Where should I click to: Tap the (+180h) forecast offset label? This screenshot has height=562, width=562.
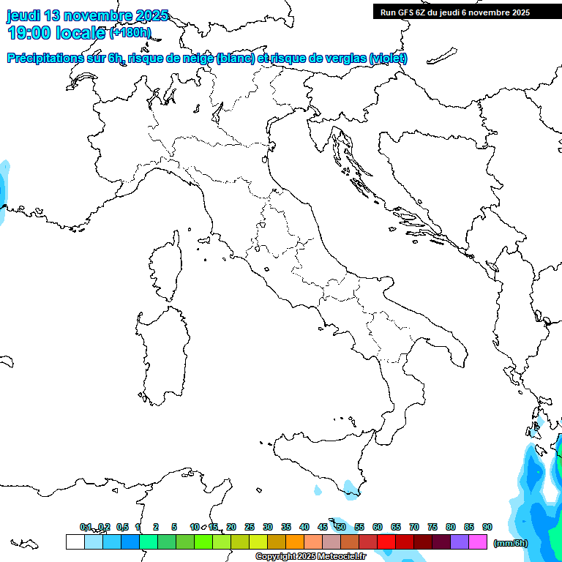click(130, 32)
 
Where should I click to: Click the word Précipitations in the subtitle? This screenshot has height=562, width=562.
click(43, 59)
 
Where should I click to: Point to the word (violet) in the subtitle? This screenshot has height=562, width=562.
click(388, 59)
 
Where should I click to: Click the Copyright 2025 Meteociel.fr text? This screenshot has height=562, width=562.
click(310, 557)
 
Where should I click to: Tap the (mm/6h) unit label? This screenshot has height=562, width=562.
click(510, 543)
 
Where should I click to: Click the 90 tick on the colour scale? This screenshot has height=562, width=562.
click(487, 527)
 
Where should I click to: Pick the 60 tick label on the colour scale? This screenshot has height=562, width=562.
click(378, 527)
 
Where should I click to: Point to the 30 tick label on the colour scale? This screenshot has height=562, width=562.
click(268, 527)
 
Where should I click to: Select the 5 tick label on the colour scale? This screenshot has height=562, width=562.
click(174, 527)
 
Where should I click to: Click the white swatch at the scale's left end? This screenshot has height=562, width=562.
click(75, 542)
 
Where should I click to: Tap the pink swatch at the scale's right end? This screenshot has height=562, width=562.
click(478, 542)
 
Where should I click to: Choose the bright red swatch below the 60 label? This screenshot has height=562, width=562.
click(386, 542)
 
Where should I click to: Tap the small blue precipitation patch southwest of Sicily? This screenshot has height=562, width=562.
click(318, 489)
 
